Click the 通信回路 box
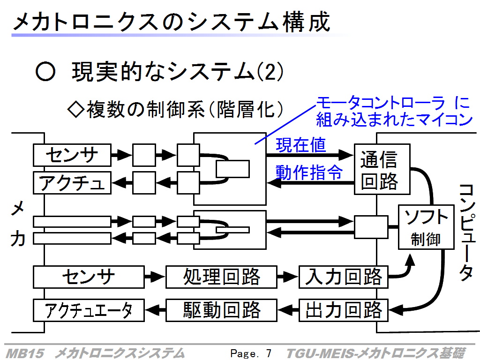click(382, 169)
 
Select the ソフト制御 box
click(426, 227)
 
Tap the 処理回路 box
click(221, 277)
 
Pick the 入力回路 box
click(344, 277)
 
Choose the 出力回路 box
click(344, 310)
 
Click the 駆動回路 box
click(221, 310)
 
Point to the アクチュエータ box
click(89, 310)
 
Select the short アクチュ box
click(72, 183)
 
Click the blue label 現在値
click(301, 145)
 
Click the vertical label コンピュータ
click(467, 232)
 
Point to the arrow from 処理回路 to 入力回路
click(288, 277)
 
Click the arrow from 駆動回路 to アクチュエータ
click(155, 310)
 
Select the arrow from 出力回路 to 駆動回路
click(288, 310)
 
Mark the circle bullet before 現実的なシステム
click(45, 72)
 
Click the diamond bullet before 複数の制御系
click(76, 109)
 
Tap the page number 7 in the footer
click(269, 353)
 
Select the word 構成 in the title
click(307, 22)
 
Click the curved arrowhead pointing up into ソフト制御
click(410, 260)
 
